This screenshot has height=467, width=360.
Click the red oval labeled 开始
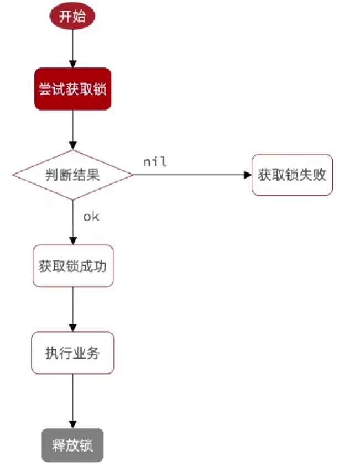pyautogui.click(x=73, y=17)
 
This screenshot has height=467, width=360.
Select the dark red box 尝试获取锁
pyautogui.click(x=73, y=89)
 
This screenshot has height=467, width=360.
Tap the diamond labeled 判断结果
pyautogui.click(x=72, y=175)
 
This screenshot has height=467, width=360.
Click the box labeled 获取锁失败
pyautogui.click(x=292, y=175)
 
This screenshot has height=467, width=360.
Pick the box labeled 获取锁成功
pyautogui.click(x=73, y=265)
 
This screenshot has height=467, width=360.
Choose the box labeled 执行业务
pyautogui.click(x=72, y=353)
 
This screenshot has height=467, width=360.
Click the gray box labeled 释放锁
pyautogui.click(x=72, y=445)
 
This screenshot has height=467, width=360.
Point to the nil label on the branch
pyautogui.click(x=155, y=162)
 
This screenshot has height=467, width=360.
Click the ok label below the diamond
pyautogui.click(x=91, y=217)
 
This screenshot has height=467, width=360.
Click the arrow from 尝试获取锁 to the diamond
pyautogui.click(x=73, y=130)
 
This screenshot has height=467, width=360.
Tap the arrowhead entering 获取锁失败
pyautogui.click(x=248, y=175)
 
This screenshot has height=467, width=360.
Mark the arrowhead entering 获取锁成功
pyautogui.click(x=73, y=240)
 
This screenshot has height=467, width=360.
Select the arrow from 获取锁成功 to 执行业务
pyautogui.click(x=73, y=309)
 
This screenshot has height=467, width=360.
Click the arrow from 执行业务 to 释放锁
pyautogui.click(x=73, y=401)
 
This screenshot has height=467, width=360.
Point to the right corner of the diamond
pyautogui.click(x=132, y=175)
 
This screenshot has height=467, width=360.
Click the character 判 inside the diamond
pyautogui.click(x=51, y=175)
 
